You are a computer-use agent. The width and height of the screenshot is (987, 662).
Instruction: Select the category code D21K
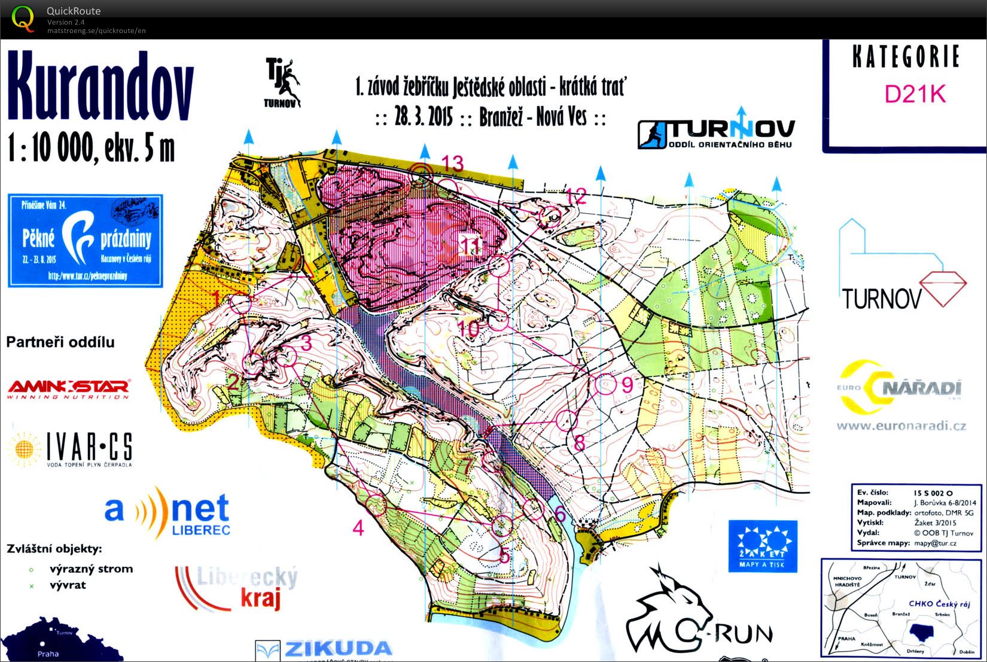pyautogui.click(x=915, y=94)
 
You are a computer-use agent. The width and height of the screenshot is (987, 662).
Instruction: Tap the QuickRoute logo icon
pyautogui.click(x=23, y=18)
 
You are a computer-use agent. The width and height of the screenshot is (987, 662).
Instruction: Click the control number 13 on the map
pyautogui.click(x=453, y=163)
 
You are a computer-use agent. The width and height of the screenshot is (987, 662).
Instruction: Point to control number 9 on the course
pyautogui.click(x=627, y=384)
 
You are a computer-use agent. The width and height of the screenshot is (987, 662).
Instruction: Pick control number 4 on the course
pyautogui.click(x=358, y=528)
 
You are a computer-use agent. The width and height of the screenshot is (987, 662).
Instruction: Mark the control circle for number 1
pyautogui.click(x=241, y=303)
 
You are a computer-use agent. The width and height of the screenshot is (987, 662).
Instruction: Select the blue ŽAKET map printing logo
pyautogui.click(x=763, y=545)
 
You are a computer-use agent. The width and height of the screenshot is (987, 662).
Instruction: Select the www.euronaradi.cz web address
pyautogui.click(x=901, y=426)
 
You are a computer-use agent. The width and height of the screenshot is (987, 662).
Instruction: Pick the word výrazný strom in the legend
pyautogui.click(x=91, y=569)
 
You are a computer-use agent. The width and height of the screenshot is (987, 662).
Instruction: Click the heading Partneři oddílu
pyautogui.click(x=60, y=342)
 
